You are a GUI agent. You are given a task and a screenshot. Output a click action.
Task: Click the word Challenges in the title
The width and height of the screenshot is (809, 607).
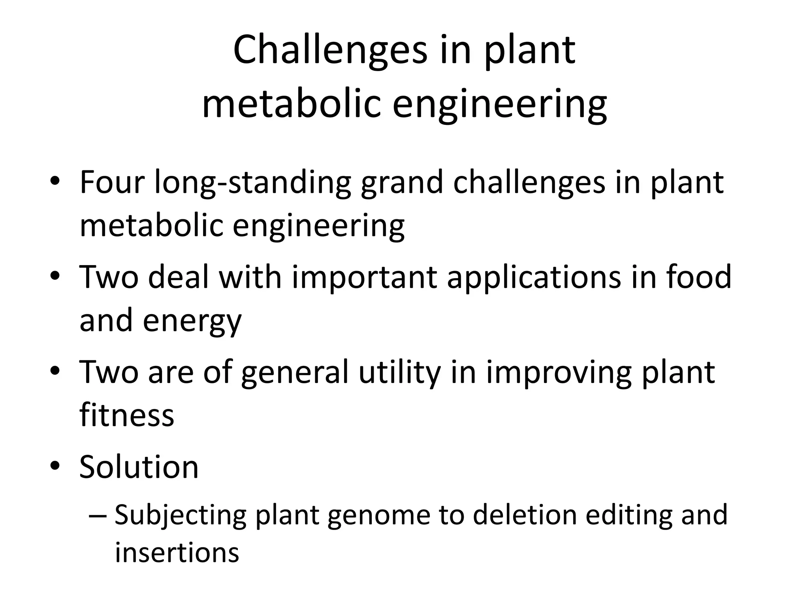click(x=330, y=50)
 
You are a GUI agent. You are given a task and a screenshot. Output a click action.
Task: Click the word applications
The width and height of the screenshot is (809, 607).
click(x=534, y=277)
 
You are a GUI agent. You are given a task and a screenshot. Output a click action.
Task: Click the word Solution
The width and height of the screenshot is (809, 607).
click(x=139, y=467)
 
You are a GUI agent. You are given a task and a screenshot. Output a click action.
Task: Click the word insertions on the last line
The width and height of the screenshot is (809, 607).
click(x=177, y=552)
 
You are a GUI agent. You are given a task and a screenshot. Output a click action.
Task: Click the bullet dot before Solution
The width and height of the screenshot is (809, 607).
click(x=55, y=466)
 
